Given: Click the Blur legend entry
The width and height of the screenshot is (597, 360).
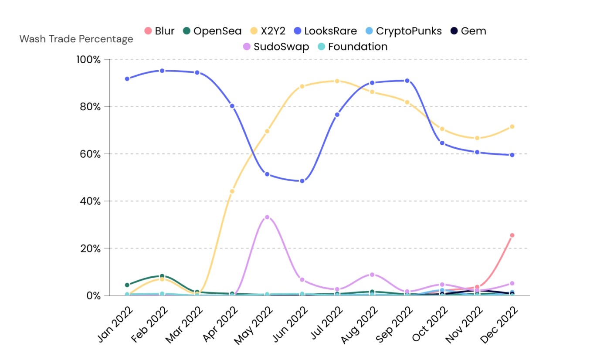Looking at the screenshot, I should point(159,31).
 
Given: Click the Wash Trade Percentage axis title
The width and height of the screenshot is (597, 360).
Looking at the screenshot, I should point(76,39).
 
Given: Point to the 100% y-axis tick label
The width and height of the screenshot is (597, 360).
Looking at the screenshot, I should point(88,59).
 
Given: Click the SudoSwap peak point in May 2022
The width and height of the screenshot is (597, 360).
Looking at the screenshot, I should point(267,217).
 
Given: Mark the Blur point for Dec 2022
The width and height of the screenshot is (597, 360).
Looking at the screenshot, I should point(512,235).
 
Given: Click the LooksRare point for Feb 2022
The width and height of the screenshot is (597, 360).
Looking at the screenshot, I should point(162,71).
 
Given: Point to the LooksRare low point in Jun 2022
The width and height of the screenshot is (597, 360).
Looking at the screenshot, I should point(302,181).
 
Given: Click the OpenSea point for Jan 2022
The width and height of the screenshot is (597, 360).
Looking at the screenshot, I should point(127,285).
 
